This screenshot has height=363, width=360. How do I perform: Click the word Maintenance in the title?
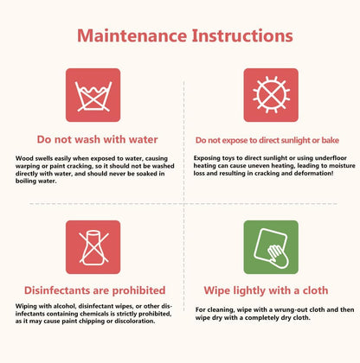132,35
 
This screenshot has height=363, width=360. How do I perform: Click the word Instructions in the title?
242,35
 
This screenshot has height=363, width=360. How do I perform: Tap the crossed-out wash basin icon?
93,95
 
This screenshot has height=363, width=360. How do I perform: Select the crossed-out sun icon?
271,95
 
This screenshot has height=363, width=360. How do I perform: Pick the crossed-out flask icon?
93,247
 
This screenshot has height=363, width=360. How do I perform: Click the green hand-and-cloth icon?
271,247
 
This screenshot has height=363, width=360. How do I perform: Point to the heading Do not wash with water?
97,139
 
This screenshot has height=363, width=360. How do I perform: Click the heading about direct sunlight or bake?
267,140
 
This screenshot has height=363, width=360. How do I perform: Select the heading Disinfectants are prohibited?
95,290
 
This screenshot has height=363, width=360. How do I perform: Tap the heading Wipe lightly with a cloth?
266,290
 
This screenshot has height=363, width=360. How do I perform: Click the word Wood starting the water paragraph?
24,158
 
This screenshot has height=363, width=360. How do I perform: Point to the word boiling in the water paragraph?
26,181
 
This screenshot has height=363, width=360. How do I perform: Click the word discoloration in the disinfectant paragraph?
135,321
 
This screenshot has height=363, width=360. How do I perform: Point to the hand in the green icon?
279,256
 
